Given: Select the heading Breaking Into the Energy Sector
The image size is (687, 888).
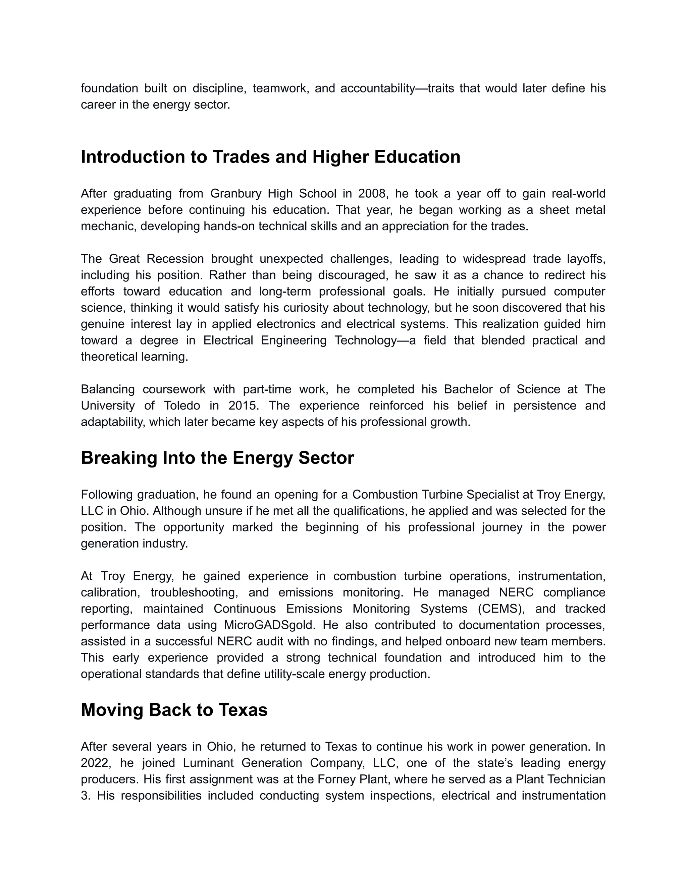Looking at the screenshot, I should tap(217, 458).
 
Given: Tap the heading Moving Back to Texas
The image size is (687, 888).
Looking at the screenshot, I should tap(174, 710).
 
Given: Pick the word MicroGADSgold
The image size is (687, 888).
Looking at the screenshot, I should tap(270, 625).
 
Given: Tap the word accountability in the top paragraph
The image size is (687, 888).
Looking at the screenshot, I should tap(377, 88).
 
